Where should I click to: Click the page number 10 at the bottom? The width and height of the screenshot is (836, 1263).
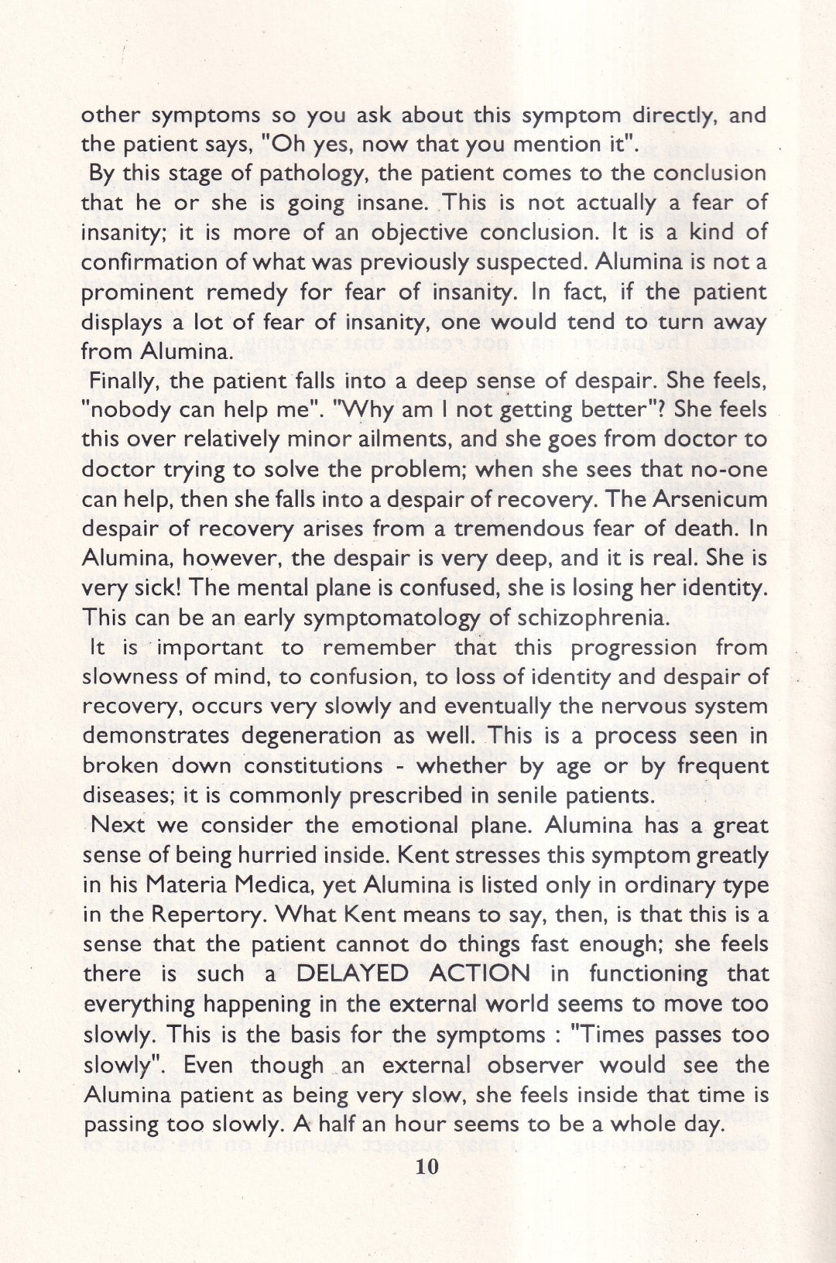tap(427, 1166)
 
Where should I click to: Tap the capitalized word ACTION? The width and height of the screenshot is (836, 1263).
tap(480, 974)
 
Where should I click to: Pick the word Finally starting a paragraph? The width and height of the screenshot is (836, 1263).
tap(124, 381)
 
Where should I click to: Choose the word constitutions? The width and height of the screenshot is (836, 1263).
tap(314, 765)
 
